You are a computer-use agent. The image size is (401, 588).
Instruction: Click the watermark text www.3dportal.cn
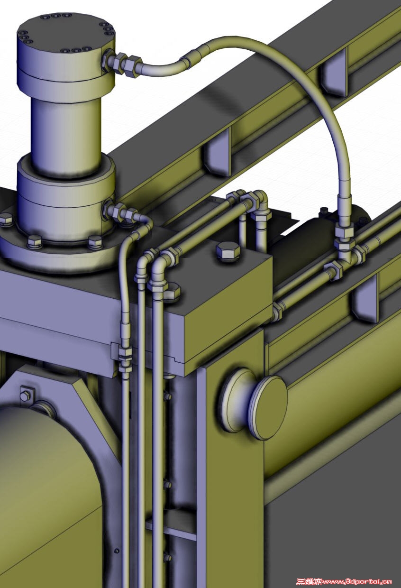(357, 581)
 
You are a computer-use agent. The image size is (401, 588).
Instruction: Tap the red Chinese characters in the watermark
(309, 581)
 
